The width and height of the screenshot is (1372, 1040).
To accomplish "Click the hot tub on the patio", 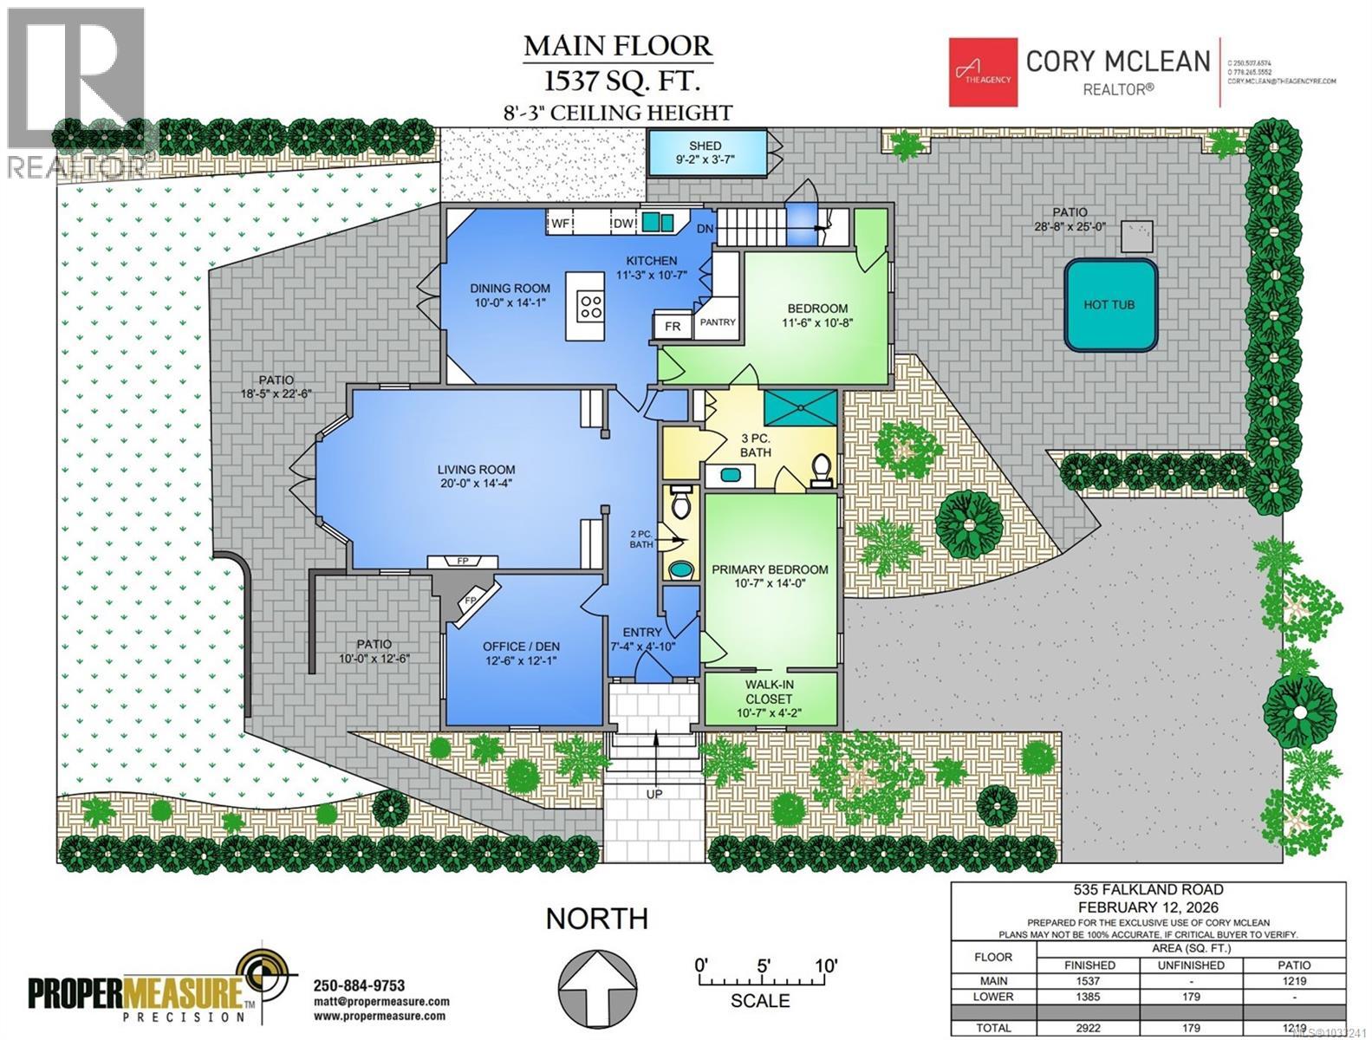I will click(1109, 304).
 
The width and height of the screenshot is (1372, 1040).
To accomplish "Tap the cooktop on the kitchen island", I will click(592, 305).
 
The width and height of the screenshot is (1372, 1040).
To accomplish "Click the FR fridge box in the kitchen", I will click(673, 327).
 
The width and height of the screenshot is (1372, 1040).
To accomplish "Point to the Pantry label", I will click(718, 322).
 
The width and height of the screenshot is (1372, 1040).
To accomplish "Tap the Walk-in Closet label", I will click(769, 691).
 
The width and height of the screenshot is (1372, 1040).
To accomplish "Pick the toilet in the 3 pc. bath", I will click(820, 469).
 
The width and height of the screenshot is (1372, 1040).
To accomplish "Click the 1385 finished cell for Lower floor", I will click(1089, 997).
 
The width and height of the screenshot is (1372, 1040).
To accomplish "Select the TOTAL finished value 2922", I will click(1089, 1028).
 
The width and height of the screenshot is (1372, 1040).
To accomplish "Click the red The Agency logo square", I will click(981, 72).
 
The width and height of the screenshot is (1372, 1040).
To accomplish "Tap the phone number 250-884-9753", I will click(358, 985).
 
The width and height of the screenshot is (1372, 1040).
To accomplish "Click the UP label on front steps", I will click(654, 793).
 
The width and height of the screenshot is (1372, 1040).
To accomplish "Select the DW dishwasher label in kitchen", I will click(623, 224).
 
